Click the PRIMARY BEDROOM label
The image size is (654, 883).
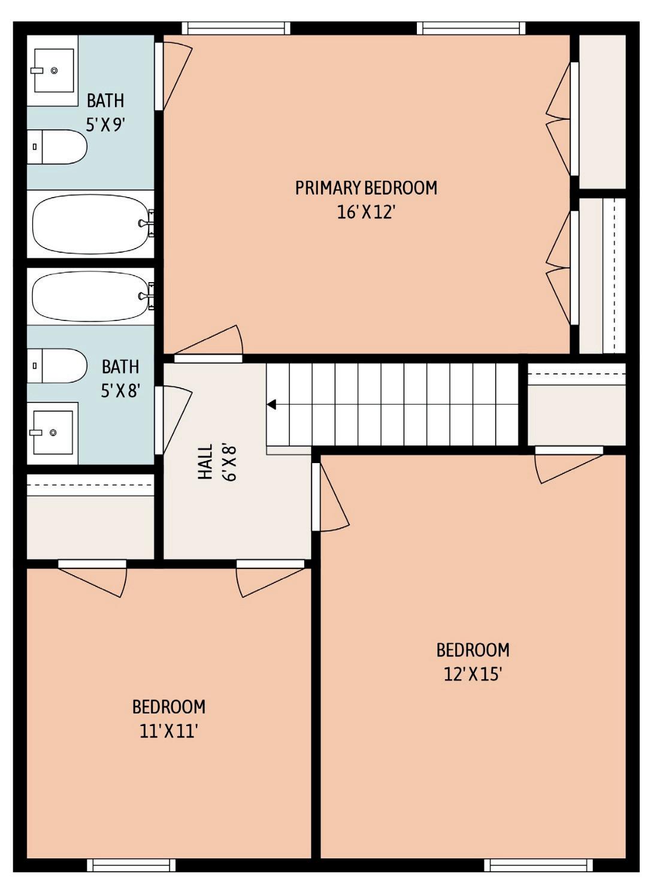tap(366, 188)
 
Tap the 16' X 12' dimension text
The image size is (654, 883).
tap(366, 213)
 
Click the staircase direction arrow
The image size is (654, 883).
tap(272, 404)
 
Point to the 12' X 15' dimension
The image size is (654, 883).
tap(473, 674)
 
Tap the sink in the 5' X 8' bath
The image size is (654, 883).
tap(53, 433)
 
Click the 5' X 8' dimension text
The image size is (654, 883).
tap(120, 391)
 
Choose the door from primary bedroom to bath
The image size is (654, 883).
tap(174, 75)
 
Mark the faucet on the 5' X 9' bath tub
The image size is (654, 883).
tap(147, 223)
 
